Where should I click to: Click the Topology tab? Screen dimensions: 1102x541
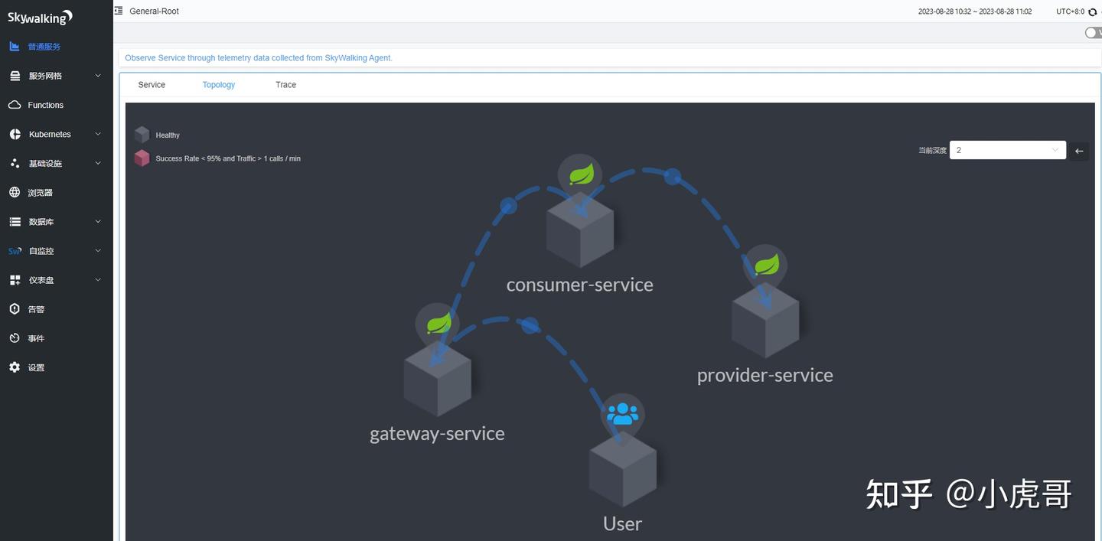pyautogui.click(x=218, y=85)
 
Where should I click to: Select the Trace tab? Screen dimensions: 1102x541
pyautogui.click(x=286, y=85)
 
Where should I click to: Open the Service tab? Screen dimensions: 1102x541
pyautogui.click(x=152, y=85)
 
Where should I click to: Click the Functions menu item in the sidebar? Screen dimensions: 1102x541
pyautogui.click(x=45, y=105)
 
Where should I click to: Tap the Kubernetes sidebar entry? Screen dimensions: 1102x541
pyautogui.click(x=50, y=134)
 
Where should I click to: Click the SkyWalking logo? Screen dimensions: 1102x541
pyautogui.click(x=40, y=18)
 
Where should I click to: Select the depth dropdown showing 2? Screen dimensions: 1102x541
pyautogui.click(x=1008, y=150)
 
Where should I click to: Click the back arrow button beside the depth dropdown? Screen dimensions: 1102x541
pyautogui.click(x=1079, y=151)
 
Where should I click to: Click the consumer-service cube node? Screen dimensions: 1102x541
pyautogui.click(x=580, y=230)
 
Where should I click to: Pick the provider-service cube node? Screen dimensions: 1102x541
pyautogui.click(x=765, y=320)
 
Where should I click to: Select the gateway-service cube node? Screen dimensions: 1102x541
pyautogui.click(x=438, y=379)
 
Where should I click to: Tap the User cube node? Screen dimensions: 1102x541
pyautogui.click(x=622, y=469)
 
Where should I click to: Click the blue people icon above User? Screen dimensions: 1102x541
pyautogui.click(x=622, y=414)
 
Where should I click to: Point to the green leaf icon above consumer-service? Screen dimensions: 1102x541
pyautogui.click(x=582, y=174)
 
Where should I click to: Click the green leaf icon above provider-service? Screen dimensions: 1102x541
pyautogui.click(x=767, y=265)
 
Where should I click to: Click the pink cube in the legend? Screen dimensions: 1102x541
pyautogui.click(x=142, y=158)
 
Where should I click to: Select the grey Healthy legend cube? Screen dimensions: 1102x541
pyautogui.click(x=142, y=134)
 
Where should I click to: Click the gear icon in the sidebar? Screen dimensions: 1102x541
pyautogui.click(x=15, y=367)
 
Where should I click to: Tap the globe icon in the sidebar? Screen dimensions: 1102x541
pyautogui.click(x=15, y=192)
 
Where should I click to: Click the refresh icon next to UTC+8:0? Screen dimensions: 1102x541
pyautogui.click(x=1093, y=11)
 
